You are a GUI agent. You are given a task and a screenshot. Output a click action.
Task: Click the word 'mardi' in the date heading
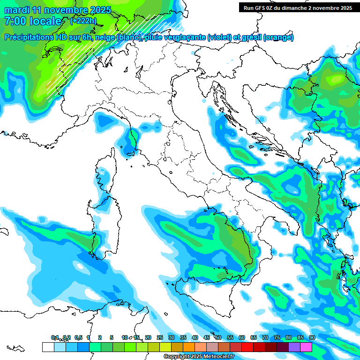17,10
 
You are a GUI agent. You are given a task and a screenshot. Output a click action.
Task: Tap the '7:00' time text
15,22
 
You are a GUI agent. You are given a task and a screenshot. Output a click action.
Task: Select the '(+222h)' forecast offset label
84,21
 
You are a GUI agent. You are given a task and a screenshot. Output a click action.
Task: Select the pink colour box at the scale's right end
306,347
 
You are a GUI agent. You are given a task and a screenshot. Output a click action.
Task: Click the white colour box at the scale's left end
47,347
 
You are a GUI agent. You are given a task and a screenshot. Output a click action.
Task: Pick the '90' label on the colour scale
312,338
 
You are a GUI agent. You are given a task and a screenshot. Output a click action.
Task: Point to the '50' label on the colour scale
218,338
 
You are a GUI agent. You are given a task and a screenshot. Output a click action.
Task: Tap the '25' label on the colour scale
160,338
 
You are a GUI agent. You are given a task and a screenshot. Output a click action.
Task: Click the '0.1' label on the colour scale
55,338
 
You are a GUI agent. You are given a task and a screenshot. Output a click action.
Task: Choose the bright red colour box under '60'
247,347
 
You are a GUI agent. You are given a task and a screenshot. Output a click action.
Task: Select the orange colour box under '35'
188,347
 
